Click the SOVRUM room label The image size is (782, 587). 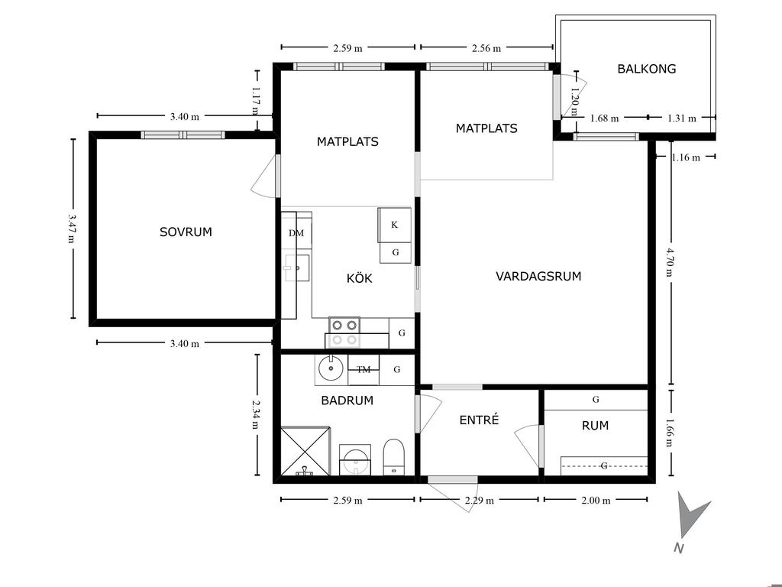point(186,232)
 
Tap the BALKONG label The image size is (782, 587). point(646,69)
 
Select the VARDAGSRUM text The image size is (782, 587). point(538,277)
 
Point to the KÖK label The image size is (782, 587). point(359,278)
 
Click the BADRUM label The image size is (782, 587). point(347,401)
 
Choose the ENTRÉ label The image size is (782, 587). point(479,420)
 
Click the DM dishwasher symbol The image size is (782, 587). point(296,232)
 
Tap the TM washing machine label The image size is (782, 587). point(364,370)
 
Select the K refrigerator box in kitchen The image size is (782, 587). point(395,225)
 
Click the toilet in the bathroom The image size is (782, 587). point(393,457)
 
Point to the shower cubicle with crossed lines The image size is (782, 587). point(305,451)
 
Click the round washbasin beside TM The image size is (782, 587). point(330,369)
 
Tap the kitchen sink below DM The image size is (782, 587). point(297,268)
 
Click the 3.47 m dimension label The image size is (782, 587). point(73,229)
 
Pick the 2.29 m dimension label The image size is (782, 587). point(480,500)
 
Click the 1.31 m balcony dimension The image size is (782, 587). point(682,118)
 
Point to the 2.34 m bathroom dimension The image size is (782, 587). point(257,415)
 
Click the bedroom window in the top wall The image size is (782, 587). point(183,135)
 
